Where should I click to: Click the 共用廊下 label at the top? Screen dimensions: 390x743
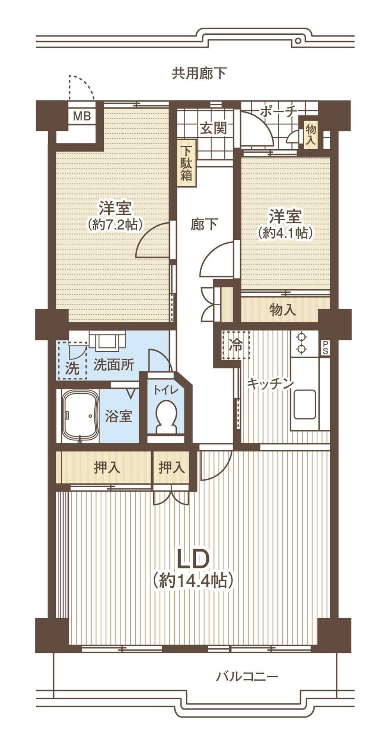(x=199, y=73)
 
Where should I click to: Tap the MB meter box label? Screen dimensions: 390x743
(x=82, y=116)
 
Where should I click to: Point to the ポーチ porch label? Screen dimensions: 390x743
(x=278, y=112)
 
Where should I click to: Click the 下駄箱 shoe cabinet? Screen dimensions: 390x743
(x=187, y=163)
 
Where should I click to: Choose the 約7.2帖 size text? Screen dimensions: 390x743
(x=114, y=224)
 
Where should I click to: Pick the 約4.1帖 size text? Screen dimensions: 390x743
(x=285, y=233)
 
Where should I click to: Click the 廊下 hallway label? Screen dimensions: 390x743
(x=204, y=224)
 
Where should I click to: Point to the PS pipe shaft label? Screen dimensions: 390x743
(x=325, y=348)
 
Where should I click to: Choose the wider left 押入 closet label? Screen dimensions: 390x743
(x=107, y=467)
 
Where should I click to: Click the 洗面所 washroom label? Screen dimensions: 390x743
(x=114, y=365)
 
